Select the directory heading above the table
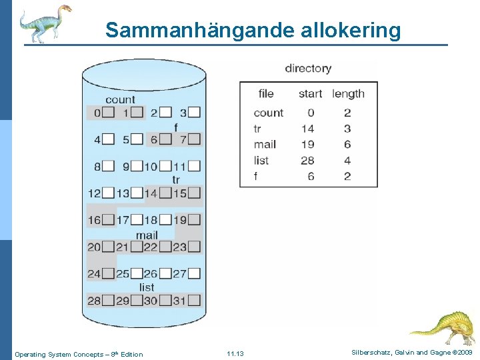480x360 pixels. tap(308, 68)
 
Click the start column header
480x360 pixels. tap(310, 94)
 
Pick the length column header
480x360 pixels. tap(348, 94)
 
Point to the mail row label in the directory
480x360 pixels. tap(265, 144)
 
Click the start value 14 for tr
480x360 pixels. tap(307, 129)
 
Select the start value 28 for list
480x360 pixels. tap(307, 160)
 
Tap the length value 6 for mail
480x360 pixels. tap(347, 144)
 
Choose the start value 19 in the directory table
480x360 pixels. tap(307, 144)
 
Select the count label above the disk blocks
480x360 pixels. tap(120, 100)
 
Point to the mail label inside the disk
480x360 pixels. tap(147, 235)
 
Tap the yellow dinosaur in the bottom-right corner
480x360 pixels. tap(443, 327)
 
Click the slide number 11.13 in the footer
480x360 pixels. tap(235, 353)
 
